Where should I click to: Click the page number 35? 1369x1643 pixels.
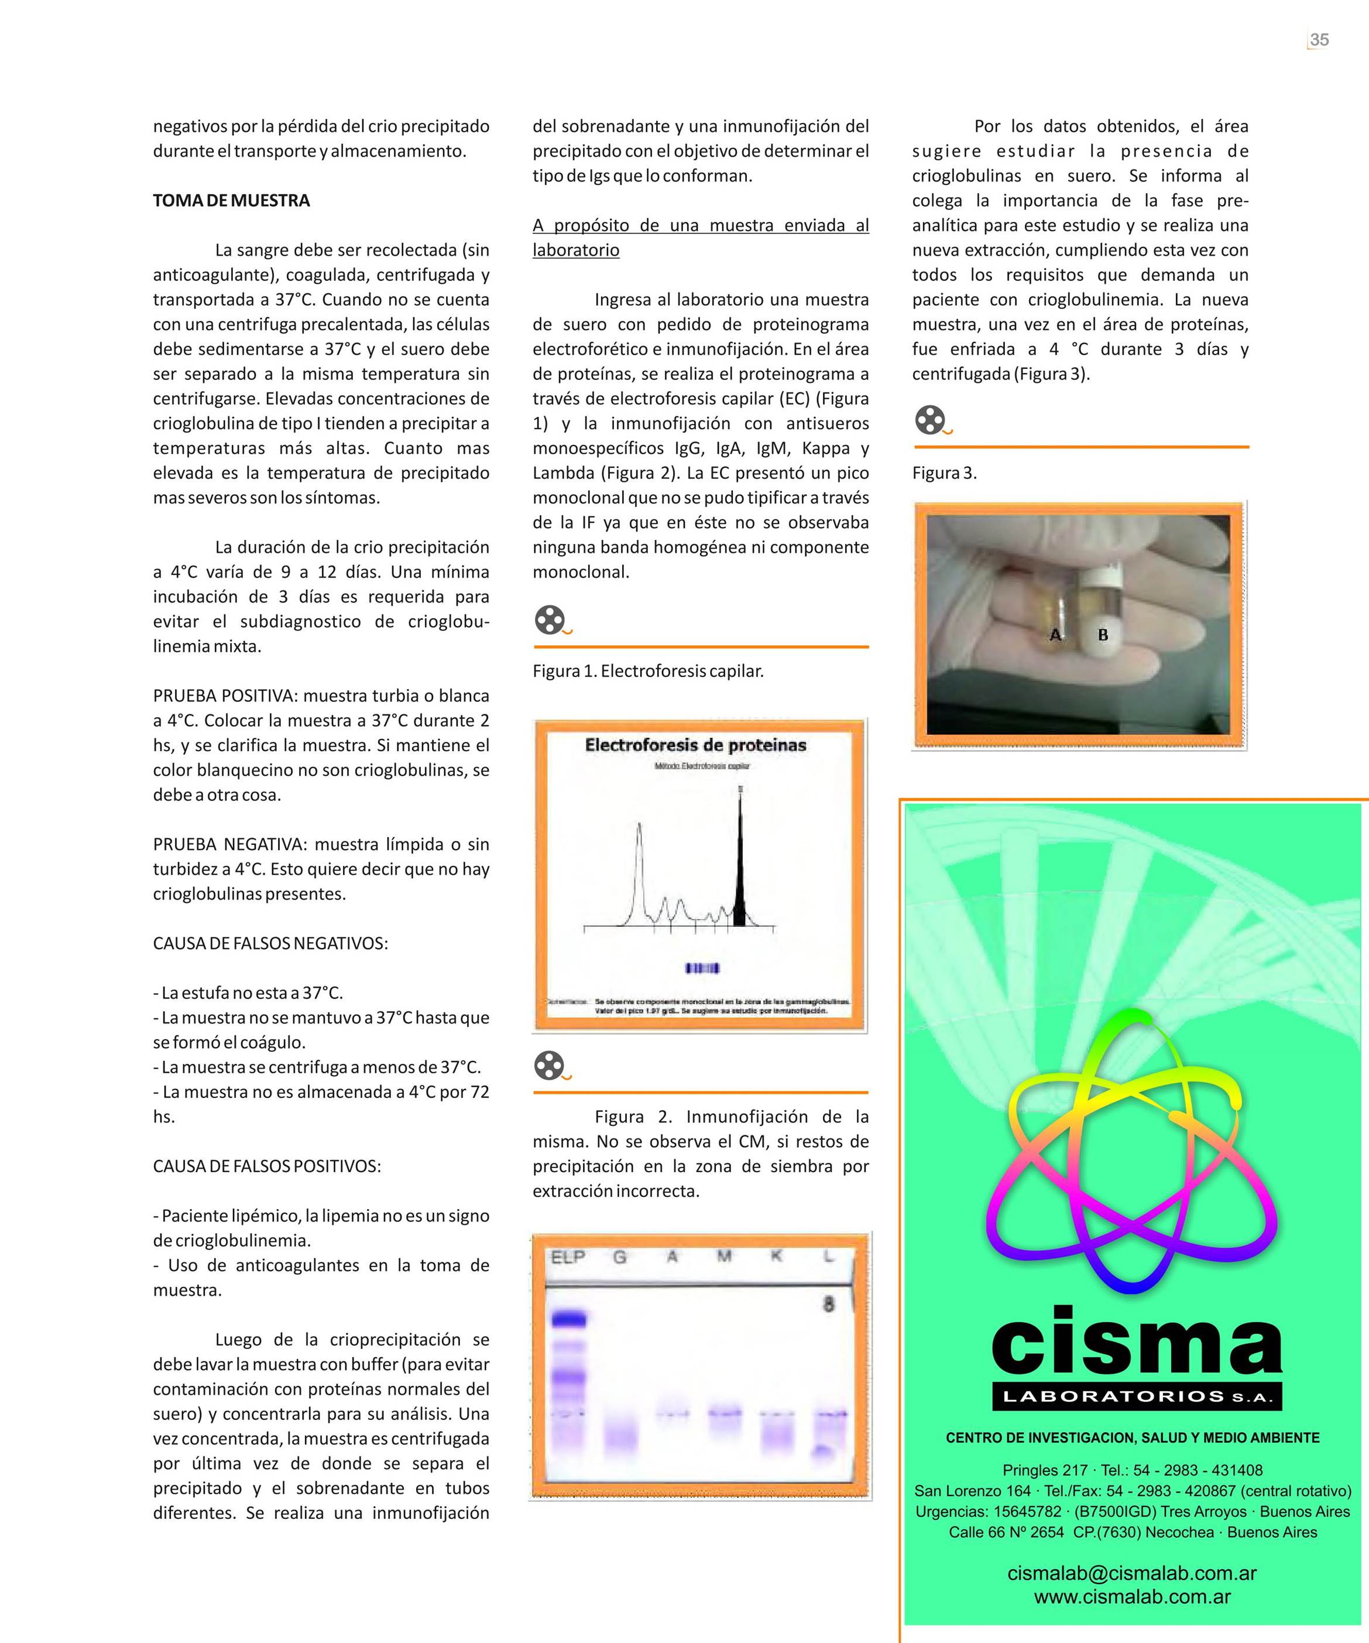coord(1319,40)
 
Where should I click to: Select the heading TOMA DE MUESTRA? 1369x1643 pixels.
coord(232,201)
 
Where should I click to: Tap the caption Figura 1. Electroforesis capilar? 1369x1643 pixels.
coord(648,671)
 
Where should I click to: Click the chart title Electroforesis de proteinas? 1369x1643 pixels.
coord(695,745)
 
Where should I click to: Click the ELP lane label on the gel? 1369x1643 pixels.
coord(568,1257)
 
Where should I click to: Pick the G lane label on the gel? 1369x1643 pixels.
coord(620,1257)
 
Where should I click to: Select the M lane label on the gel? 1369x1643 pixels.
coord(725,1257)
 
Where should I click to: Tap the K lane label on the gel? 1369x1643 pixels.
coord(776,1257)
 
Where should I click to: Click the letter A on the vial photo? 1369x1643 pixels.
coord(1055,635)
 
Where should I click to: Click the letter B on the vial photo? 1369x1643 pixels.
coord(1103,635)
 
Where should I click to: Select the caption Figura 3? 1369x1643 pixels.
coord(944,473)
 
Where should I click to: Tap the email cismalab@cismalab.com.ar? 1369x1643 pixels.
coord(1132,1573)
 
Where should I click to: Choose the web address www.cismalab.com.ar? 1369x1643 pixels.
coord(1132,1597)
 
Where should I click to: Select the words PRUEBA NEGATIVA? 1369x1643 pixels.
coord(228,845)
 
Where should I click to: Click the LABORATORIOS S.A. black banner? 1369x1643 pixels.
coord(1137,1396)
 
